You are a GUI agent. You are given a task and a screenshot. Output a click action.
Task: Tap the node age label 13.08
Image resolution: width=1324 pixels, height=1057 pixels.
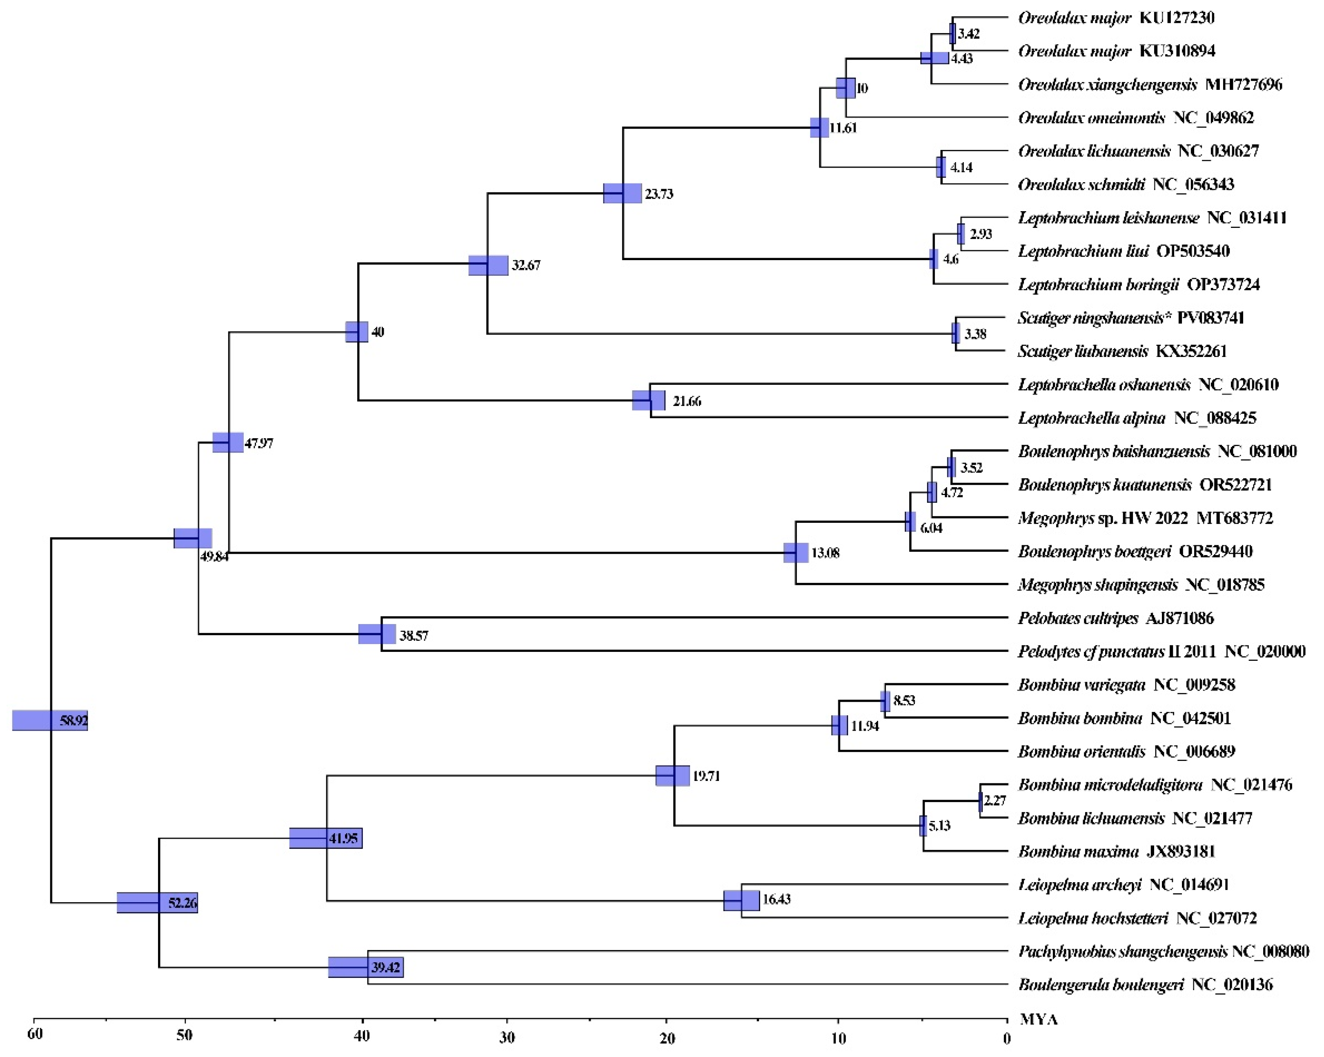[x=825, y=553]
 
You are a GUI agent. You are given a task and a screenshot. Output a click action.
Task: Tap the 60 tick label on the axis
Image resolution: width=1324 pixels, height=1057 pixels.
[x=35, y=1034]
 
